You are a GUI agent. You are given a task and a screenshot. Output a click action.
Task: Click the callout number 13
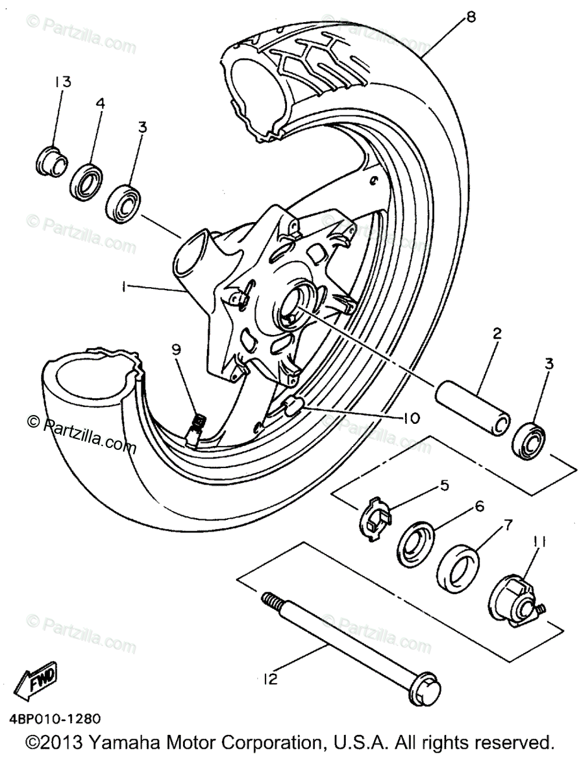click(x=62, y=82)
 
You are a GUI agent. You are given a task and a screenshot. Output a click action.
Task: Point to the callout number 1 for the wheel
click(x=126, y=287)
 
